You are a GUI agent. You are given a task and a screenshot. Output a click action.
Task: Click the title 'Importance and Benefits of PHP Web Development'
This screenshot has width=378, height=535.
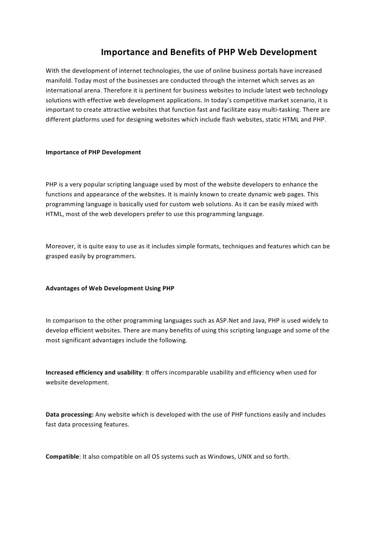[x=208, y=53]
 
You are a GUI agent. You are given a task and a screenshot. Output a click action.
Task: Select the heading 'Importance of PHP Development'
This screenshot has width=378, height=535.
[x=93, y=153]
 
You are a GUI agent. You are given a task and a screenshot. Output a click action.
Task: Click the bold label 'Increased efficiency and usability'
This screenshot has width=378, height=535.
[x=94, y=372]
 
